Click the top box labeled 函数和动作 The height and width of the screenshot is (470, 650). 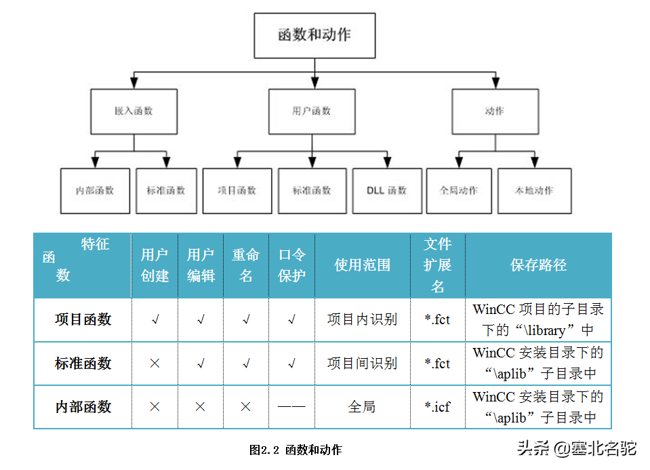click(314, 35)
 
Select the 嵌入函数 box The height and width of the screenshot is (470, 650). click(134, 111)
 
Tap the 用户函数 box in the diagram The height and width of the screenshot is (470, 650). click(312, 111)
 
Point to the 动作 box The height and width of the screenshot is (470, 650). click(495, 111)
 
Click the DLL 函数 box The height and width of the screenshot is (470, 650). click(386, 191)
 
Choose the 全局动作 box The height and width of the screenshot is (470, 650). click(459, 191)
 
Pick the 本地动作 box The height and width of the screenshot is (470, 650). click(535, 191)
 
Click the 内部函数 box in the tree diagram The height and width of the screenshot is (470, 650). click(95, 191)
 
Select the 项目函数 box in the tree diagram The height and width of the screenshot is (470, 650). click(237, 191)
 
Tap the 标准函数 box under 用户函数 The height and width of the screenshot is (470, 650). click(312, 191)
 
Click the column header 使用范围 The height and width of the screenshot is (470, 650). click(363, 265)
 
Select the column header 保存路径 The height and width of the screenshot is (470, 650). click(538, 265)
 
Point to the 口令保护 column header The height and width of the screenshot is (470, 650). click(292, 265)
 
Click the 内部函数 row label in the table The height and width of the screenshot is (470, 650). click(83, 407)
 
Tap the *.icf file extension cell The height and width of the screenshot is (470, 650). click(437, 407)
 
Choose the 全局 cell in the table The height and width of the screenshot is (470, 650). click(362, 407)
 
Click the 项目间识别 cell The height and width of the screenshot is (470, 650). click(362, 364)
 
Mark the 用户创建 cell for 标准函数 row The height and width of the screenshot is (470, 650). click(155, 364)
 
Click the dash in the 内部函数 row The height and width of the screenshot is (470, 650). click(291, 407)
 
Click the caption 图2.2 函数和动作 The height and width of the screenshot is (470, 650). click(296, 450)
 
